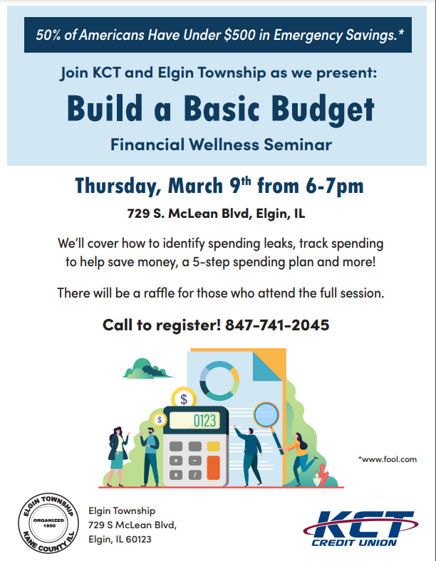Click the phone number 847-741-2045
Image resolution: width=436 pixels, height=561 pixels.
click(277, 325)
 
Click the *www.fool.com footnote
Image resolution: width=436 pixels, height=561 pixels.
click(388, 459)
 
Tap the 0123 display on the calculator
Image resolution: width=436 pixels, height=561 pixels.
click(203, 421)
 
